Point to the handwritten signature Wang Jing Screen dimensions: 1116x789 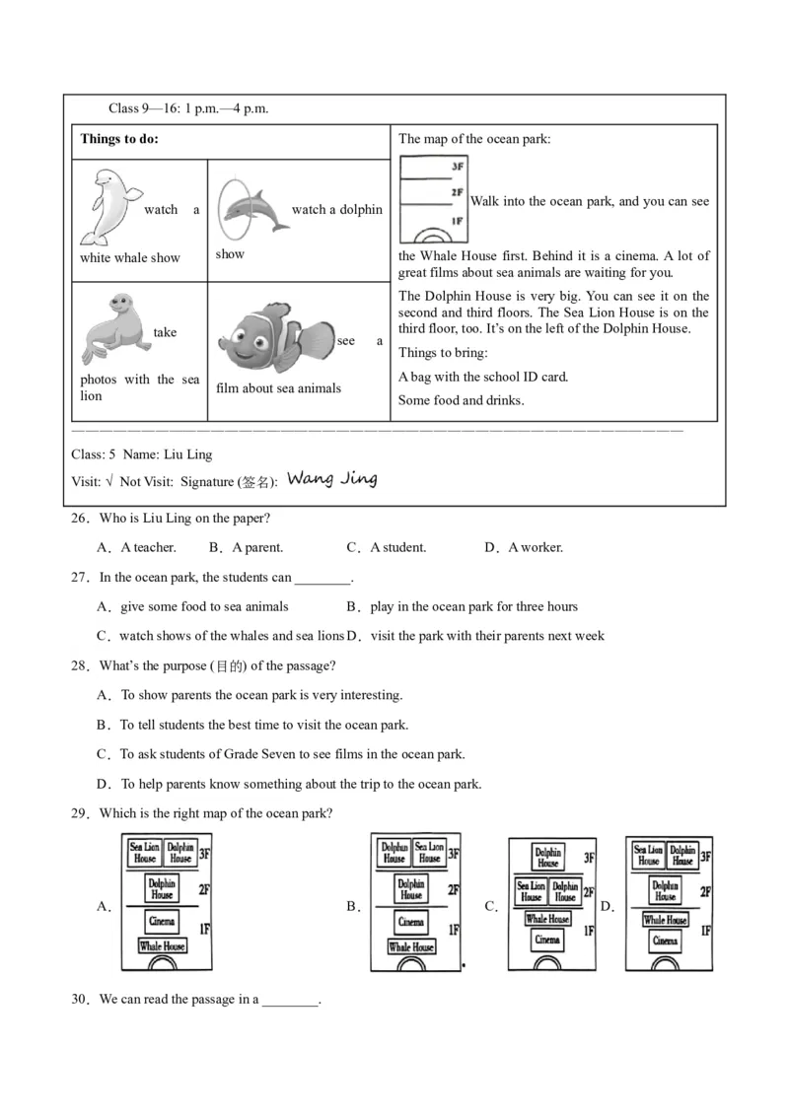click(331, 479)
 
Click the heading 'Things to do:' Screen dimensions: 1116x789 click(119, 139)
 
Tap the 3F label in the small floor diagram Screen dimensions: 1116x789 click(457, 167)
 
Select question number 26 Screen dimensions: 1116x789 click(80, 518)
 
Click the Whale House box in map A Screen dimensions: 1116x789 click(162, 946)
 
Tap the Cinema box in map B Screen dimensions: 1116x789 click(411, 922)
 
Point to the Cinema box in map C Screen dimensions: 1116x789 click(547, 941)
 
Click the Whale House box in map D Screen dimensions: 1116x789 click(665, 920)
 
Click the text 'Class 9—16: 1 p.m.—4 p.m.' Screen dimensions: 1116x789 click(188, 108)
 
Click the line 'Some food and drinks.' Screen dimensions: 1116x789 click(461, 400)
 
